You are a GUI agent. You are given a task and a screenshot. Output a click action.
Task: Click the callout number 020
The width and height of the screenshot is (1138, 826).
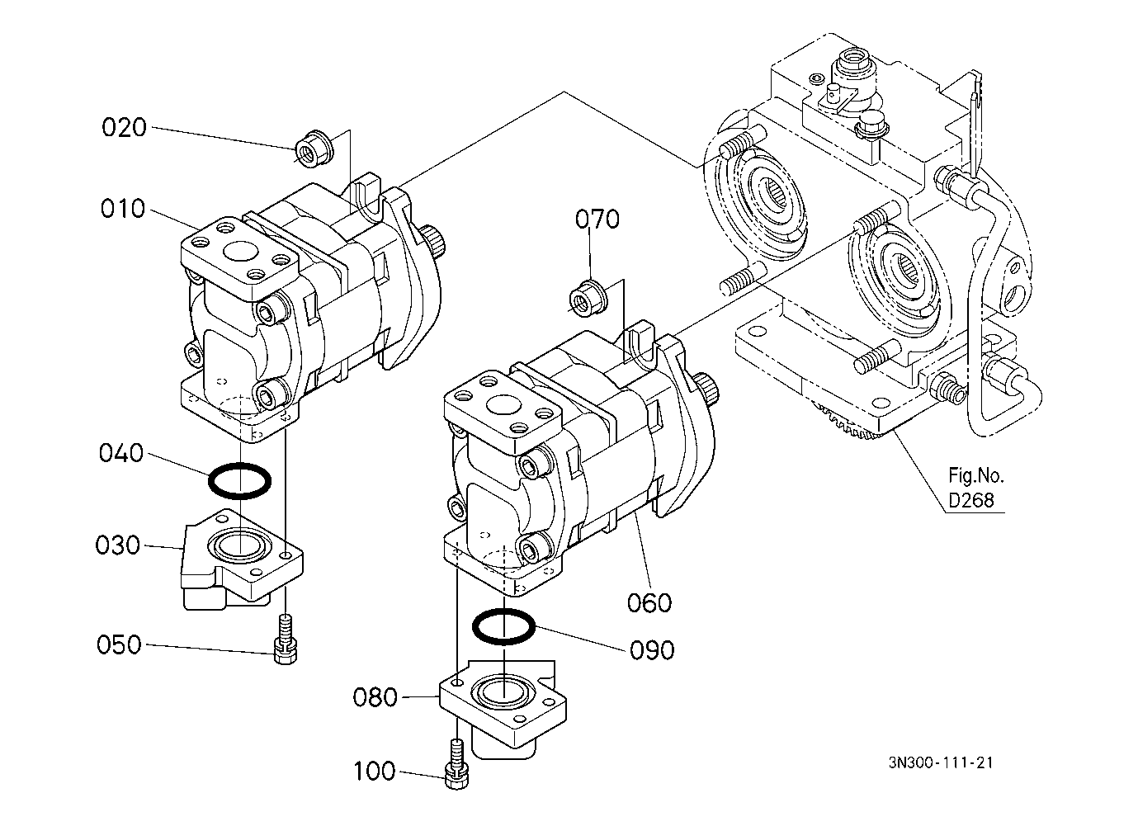tap(124, 127)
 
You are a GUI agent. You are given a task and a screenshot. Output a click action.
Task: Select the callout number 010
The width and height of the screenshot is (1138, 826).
tap(123, 209)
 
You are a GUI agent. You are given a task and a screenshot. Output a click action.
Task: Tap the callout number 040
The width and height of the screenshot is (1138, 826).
tap(121, 453)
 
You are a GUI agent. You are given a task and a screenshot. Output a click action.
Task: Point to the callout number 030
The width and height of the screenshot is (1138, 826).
tap(117, 545)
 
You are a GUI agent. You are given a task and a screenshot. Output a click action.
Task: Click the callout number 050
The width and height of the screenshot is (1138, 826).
tap(119, 644)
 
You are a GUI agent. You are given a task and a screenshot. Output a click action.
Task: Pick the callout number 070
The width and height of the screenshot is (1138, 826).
tap(597, 219)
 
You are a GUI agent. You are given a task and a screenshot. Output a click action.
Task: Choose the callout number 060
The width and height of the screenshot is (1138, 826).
tap(649, 603)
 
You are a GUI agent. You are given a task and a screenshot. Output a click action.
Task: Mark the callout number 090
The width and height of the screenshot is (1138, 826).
tap(652, 650)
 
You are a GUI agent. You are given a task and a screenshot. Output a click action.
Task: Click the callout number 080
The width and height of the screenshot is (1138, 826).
tap(375, 697)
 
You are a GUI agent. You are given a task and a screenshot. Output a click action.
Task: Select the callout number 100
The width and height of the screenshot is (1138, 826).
tap(375, 772)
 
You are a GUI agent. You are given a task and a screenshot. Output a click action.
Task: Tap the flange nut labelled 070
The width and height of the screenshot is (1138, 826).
tap(589, 297)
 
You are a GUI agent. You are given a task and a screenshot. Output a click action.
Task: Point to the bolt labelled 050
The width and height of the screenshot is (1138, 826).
tap(286, 639)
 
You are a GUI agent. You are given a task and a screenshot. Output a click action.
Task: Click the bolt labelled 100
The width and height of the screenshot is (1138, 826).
tap(456, 765)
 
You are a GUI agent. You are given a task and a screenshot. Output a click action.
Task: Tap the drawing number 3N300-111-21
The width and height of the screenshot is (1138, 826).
tap(941, 763)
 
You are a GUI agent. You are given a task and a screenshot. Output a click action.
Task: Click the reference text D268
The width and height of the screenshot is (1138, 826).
tap(970, 501)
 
